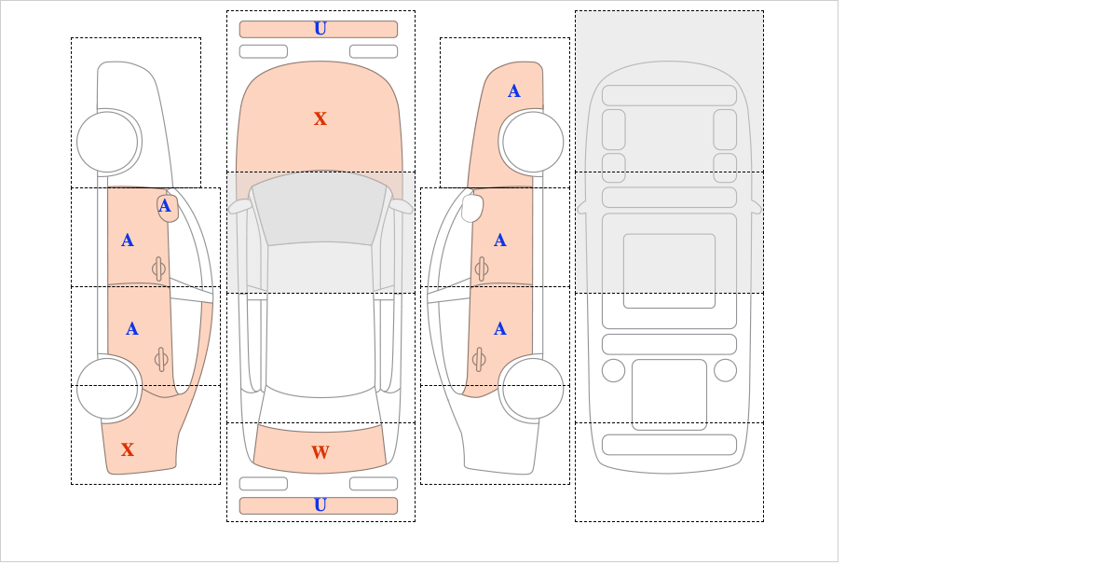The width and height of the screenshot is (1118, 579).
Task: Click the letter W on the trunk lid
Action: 320,452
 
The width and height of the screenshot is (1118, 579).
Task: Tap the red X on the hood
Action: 320,119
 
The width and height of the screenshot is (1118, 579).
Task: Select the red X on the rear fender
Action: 128,449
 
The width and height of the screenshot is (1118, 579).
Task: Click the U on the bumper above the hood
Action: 320,29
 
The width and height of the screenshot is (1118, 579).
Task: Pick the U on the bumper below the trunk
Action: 320,505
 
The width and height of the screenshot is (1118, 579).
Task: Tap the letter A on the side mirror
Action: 165,206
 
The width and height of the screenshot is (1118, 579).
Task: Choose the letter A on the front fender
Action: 514,91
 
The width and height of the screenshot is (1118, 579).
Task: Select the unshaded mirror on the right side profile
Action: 472,208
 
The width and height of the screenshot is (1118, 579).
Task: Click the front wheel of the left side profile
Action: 107,142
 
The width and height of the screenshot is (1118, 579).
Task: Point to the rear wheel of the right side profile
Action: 533,388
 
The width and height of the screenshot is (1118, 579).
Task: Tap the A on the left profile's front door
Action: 128,241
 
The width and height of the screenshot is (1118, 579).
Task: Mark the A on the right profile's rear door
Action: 500,329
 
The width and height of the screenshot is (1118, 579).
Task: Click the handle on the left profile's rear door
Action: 160,359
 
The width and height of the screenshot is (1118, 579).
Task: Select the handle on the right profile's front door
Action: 481,269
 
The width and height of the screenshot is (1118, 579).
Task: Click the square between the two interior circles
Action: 669,394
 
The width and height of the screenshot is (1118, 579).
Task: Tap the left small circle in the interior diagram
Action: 613,371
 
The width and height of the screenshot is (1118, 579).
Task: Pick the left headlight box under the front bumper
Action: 264,51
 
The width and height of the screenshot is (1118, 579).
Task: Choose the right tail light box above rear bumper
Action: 374,484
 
